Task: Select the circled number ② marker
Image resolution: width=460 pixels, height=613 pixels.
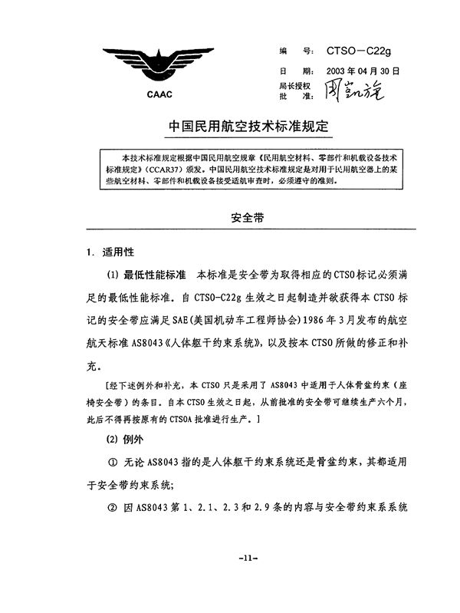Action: click(112, 507)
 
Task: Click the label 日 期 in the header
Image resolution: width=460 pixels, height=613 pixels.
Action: click(294, 72)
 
